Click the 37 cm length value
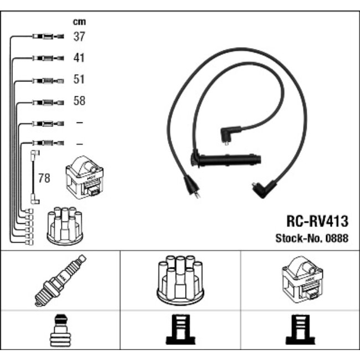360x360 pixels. pyautogui.click(x=79, y=37)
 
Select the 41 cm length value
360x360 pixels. pyautogui.click(x=79, y=58)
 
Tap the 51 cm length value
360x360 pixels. pyautogui.click(x=79, y=80)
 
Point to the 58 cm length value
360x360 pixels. pyautogui.click(x=79, y=101)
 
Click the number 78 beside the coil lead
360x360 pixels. pyautogui.click(x=43, y=178)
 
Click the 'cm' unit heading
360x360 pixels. pyautogui.click(x=79, y=22)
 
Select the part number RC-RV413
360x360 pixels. pyautogui.click(x=317, y=222)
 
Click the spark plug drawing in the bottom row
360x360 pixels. pyautogui.click(x=60, y=280)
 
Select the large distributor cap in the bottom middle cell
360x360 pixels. pyautogui.click(x=179, y=280)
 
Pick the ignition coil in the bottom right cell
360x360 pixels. pyautogui.click(x=300, y=279)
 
